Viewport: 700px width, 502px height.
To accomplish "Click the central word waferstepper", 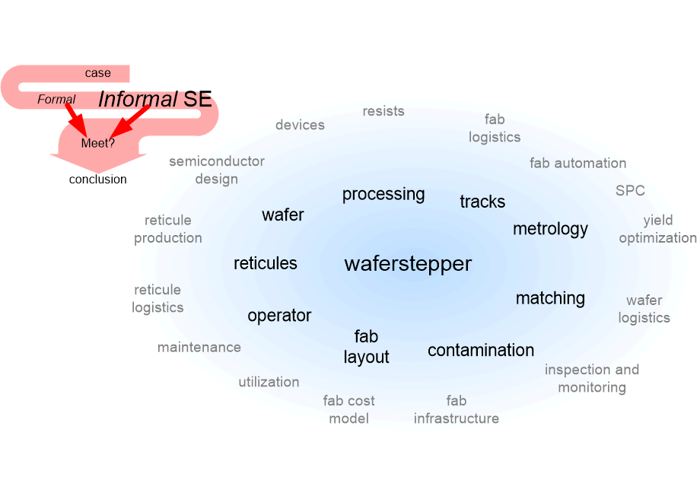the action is coord(408,264).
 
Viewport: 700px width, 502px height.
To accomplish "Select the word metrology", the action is coord(550,230).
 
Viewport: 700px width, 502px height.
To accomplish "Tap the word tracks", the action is coord(482,202).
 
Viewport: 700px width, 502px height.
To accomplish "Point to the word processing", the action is coord(383,195).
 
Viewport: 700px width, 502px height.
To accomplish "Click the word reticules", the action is coord(266,263).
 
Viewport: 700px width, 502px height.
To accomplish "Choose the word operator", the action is coord(279,316).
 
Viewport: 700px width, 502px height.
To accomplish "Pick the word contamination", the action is coord(481,351).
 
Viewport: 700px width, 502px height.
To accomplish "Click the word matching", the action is coord(550,298).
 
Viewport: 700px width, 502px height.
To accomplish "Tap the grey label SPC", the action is coord(630,191).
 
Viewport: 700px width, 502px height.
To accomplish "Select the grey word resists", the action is coord(383,111).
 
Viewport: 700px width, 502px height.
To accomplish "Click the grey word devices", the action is coord(300,125).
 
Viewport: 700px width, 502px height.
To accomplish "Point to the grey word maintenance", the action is coord(199,347).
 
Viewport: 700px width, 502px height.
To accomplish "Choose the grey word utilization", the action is coord(269,382).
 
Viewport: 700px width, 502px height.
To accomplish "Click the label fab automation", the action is coord(577,164).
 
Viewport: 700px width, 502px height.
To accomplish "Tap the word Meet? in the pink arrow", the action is coord(97,143).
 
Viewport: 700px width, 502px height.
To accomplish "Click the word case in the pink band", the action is coord(97,73).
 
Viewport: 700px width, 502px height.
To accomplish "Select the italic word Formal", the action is coord(56,99).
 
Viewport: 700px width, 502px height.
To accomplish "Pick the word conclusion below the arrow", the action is coord(97,180).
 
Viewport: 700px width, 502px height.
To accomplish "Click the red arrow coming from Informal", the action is coord(129,121).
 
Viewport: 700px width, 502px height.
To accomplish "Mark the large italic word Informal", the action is coord(138,99).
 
